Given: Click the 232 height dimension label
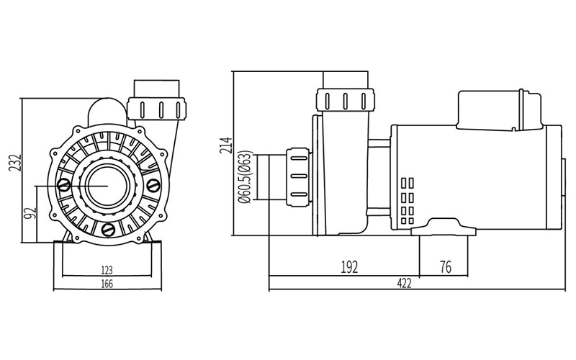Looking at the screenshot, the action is pos(15,163).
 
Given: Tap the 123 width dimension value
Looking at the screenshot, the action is pos(106,271).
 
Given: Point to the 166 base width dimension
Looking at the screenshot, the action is pos(107,284).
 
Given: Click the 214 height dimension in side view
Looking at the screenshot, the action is pos(226,145).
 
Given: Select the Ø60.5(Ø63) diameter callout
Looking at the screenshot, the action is pos(246,176).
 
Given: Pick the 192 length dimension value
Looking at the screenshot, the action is pos(349,267).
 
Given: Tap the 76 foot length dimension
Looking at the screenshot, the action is pos(445,267).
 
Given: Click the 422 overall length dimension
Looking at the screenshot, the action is pos(404,283).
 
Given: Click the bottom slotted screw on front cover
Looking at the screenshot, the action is pos(108,230).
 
